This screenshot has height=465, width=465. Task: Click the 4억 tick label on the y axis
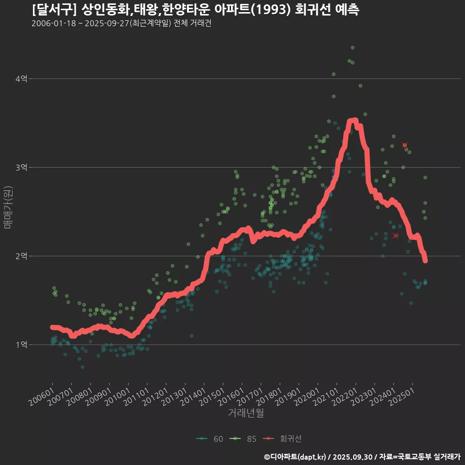coord(21,79)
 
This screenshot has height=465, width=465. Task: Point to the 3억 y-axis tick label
coord(21,168)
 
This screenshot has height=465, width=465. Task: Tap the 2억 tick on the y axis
coord(21,256)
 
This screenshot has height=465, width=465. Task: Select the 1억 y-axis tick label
coord(21,345)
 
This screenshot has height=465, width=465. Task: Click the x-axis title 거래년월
coord(246,413)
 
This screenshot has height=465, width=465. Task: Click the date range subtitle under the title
coord(121,24)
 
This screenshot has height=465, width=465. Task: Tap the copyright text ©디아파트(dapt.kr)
coord(296,457)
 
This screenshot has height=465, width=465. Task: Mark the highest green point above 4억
coord(353,47)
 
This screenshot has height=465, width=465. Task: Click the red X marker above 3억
coord(404,145)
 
